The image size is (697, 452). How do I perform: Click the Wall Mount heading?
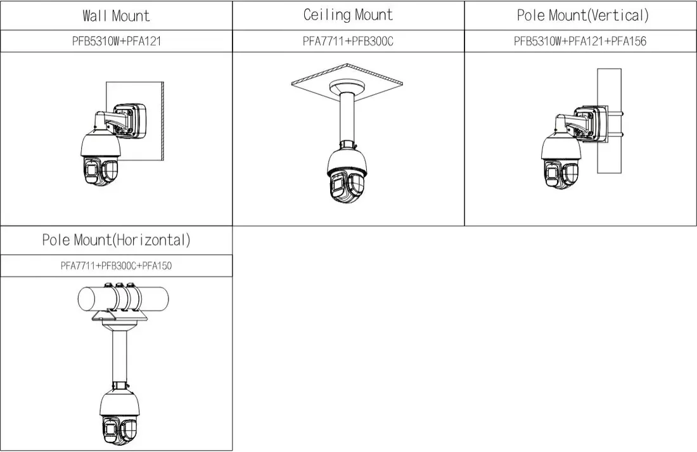click(x=116, y=16)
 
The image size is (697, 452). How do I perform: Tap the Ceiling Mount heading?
click(x=348, y=15)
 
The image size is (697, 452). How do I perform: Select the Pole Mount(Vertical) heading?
click(x=582, y=15)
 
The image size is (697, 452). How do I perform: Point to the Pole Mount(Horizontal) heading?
click(x=117, y=240)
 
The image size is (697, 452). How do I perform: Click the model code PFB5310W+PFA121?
click(x=117, y=41)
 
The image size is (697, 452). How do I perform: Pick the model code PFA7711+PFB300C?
click(x=348, y=41)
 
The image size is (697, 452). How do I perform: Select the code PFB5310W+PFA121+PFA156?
click(x=580, y=41)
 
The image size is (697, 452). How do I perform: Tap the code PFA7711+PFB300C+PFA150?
click(x=116, y=266)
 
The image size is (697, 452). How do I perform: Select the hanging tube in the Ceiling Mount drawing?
click(x=347, y=118)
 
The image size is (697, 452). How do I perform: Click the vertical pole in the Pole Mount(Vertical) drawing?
click(x=609, y=120)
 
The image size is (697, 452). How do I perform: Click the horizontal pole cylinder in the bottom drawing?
click(x=123, y=298)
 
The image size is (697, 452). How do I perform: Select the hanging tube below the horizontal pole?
click(x=119, y=356)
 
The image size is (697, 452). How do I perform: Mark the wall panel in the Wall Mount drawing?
click(x=135, y=120)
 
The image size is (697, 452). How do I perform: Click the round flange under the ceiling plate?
click(x=347, y=87)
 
